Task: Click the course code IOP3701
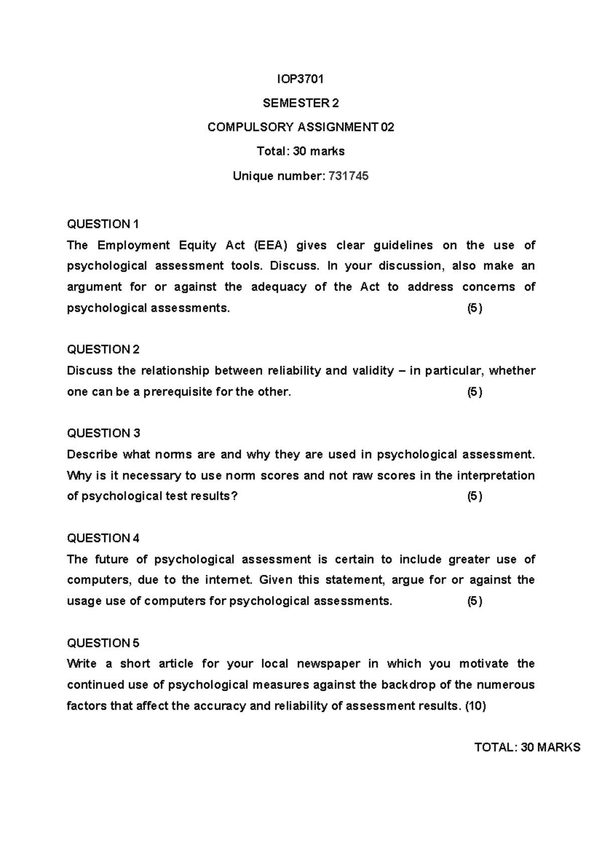(x=300, y=79)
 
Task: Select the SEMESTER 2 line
(x=300, y=103)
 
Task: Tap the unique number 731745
(x=348, y=176)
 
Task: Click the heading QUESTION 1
(x=103, y=224)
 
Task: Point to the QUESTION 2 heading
(x=103, y=349)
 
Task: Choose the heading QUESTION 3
(x=103, y=433)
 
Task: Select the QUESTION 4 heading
(x=103, y=538)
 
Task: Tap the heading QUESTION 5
(x=103, y=643)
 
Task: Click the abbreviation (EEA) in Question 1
(x=271, y=245)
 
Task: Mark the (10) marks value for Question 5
(x=476, y=706)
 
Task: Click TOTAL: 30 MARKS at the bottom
(x=527, y=747)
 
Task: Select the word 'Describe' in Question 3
(x=92, y=455)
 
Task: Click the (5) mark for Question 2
(x=475, y=392)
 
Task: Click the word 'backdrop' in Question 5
(x=409, y=685)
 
